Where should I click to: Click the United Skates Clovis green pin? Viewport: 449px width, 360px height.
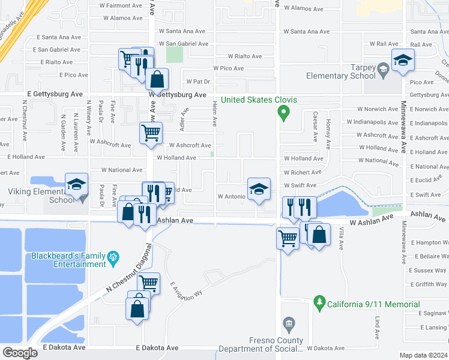[x=286, y=112]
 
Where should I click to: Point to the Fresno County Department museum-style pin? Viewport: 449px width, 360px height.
[x=289, y=325]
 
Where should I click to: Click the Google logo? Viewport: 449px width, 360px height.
[x=20, y=353]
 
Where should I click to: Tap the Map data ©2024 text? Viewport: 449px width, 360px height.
[x=423, y=355]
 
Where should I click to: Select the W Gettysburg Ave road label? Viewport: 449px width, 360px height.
[x=178, y=95]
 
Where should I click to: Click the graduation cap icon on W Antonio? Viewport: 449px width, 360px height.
[x=259, y=188]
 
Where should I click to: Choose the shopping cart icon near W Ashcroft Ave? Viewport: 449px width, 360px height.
[x=151, y=132]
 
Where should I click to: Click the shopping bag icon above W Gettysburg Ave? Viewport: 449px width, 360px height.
[x=157, y=78]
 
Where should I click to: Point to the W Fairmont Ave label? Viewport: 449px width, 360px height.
[x=120, y=5]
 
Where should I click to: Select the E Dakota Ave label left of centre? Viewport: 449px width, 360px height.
[x=65, y=347]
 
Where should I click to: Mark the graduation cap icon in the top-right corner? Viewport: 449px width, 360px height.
[x=403, y=59]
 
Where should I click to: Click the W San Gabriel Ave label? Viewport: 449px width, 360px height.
[x=184, y=44]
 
